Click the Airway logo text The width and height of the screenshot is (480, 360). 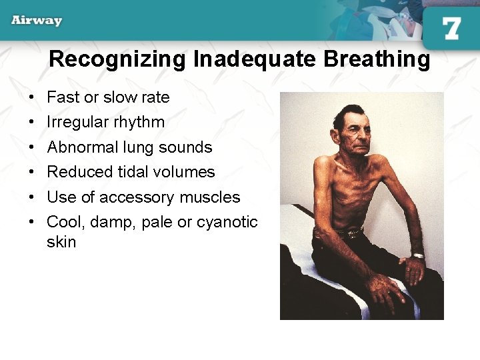point(37,20)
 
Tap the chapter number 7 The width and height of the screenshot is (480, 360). point(451,29)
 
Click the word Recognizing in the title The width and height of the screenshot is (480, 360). point(118,59)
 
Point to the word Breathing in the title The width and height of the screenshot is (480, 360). point(377,59)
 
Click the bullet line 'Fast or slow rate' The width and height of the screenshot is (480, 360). point(108,97)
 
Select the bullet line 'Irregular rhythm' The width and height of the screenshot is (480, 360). point(105,122)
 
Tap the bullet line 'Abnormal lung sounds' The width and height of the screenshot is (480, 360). point(129,147)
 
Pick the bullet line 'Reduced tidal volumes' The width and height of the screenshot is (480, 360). point(131,172)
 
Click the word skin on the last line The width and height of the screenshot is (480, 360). point(61,242)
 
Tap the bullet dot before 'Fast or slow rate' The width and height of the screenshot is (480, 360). point(31,97)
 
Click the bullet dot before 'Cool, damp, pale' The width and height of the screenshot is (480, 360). point(31,222)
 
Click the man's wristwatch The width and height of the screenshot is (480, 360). point(417,256)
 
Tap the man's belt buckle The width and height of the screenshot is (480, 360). point(349,233)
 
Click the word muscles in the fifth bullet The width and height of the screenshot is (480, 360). point(215,197)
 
